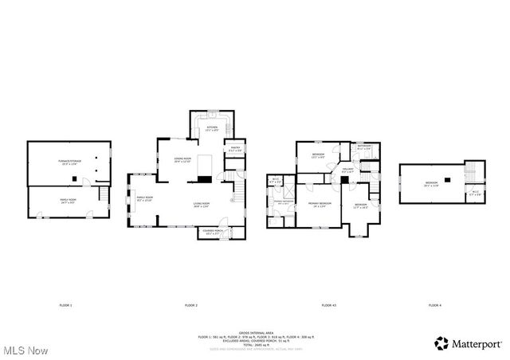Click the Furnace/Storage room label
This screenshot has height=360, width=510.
69,163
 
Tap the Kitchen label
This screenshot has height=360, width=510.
212,128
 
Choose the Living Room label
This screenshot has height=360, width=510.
201,205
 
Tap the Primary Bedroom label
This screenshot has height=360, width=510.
319,205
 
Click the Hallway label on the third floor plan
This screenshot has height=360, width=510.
347,169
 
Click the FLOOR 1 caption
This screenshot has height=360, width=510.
65,306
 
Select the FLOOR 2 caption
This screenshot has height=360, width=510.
191,306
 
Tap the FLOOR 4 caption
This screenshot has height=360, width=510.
434,306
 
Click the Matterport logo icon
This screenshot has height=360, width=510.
440,343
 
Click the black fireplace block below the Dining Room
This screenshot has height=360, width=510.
206,164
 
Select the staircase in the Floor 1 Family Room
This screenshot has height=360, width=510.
101,196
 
